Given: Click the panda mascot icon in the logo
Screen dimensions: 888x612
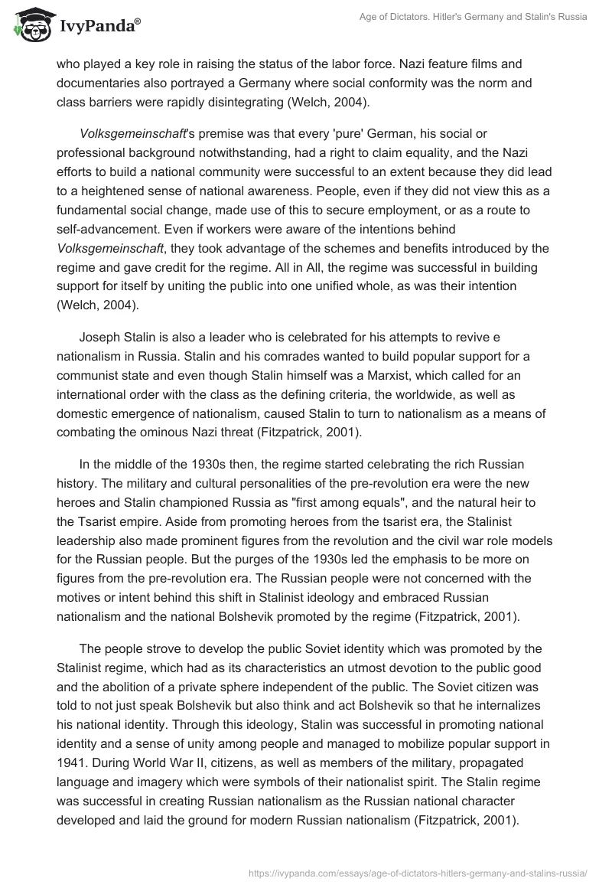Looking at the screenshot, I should tap(28, 25).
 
